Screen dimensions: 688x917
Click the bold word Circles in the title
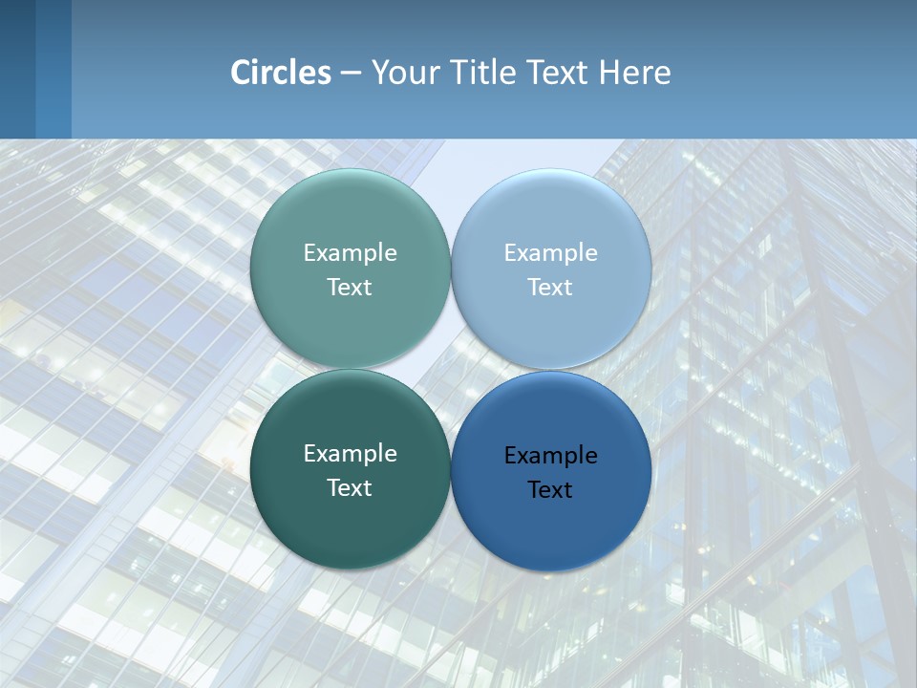280,73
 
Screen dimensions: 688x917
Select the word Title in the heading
484,73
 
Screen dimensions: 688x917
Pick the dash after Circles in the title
351,74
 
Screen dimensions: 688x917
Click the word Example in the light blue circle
551,252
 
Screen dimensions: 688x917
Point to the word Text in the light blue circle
550,287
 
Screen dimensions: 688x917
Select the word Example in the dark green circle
350,453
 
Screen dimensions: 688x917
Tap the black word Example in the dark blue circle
551,455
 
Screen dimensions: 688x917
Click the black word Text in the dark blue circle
550,489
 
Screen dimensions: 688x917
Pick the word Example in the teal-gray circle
350,252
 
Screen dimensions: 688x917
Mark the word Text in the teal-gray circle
350,287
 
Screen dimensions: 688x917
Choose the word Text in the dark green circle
350,487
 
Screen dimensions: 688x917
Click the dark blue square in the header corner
17,69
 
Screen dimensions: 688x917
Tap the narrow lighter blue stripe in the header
53,69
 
